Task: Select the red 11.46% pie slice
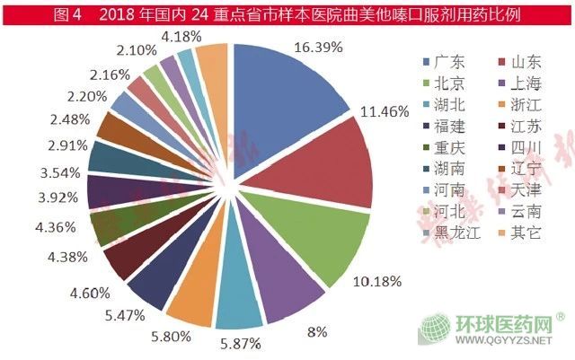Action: point(332,166)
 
